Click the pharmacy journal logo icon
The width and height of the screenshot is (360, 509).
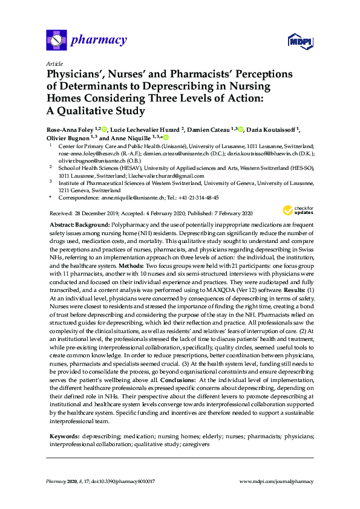point(56,41)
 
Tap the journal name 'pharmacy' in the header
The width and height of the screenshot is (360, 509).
point(99,41)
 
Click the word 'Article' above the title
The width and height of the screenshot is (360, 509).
point(54,63)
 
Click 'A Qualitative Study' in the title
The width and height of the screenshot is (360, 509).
point(96,111)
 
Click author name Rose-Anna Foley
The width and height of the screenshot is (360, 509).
point(73,129)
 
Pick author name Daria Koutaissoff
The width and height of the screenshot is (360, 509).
point(278,129)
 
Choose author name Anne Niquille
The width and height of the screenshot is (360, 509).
point(129,138)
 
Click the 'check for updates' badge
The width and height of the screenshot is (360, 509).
point(298,211)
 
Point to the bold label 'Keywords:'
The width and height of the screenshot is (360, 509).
point(63,418)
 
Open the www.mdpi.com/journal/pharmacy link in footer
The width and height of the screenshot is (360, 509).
point(277,482)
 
